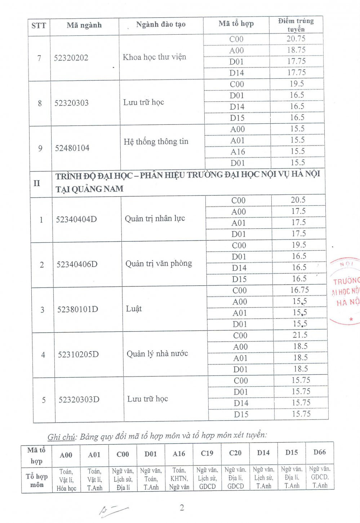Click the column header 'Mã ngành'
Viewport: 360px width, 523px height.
[84, 25]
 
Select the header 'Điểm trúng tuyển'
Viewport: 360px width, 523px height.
[296, 25]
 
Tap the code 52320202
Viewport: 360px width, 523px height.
[71, 58]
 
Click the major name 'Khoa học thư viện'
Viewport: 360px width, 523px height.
[154, 57]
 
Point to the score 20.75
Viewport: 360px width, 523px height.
[296, 39]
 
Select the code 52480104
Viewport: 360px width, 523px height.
[72, 148]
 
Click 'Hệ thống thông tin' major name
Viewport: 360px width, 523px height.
[156, 141]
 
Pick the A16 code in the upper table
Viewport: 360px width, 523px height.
[237, 152]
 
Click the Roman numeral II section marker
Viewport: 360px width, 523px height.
[37, 183]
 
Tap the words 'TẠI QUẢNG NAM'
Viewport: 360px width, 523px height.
[89, 189]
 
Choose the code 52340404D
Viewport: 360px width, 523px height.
[76, 219]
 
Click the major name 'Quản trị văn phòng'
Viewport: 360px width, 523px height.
[159, 263]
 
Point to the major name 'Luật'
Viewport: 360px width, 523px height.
[134, 309]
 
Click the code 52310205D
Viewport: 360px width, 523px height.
[78, 355]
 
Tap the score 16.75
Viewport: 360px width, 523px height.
[299, 290]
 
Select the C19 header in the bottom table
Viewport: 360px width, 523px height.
[207, 453]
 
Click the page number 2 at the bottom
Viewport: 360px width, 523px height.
[182, 508]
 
